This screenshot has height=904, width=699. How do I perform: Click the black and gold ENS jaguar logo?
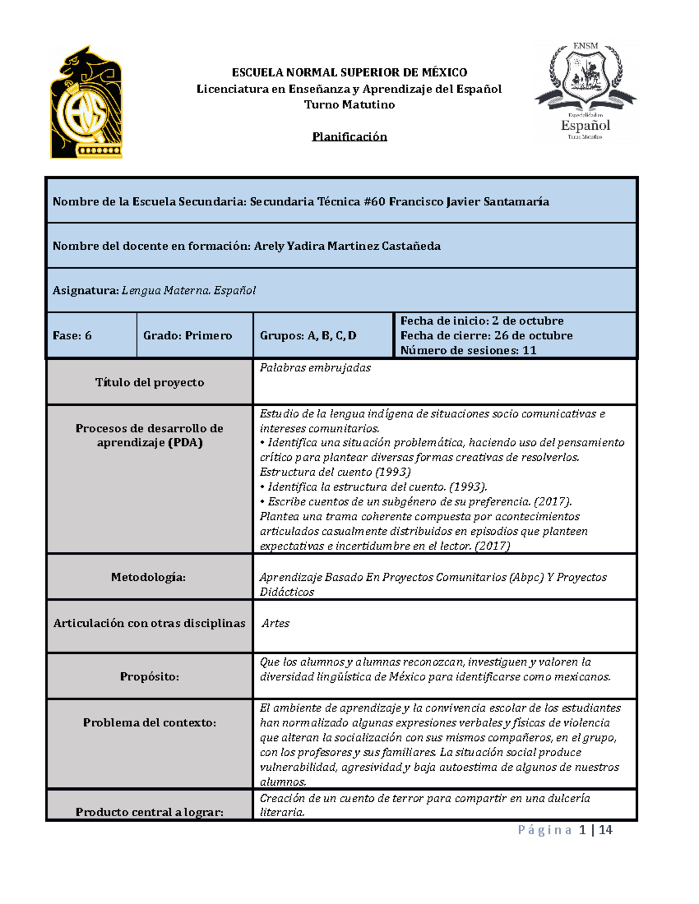click(x=86, y=103)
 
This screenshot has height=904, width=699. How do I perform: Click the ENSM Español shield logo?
click(x=585, y=91)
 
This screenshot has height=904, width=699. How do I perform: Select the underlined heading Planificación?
click(x=349, y=137)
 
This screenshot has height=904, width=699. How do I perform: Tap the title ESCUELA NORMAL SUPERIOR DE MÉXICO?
click(x=349, y=73)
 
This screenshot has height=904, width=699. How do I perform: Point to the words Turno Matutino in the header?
click(x=349, y=105)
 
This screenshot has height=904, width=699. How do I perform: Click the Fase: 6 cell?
click(x=72, y=336)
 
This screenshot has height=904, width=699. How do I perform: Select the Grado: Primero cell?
click(x=188, y=336)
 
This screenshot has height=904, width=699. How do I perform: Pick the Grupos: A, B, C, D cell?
click(x=308, y=336)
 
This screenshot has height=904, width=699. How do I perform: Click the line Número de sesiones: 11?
click(x=468, y=350)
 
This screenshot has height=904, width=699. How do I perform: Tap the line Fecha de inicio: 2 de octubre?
click(x=482, y=321)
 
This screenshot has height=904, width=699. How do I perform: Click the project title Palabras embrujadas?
click(x=315, y=368)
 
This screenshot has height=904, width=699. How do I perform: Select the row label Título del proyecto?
click(x=150, y=382)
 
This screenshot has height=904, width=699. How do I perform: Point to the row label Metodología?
click(x=149, y=577)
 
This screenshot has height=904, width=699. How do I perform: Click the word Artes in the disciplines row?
click(x=276, y=623)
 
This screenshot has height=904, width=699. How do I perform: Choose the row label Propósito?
click(x=150, y=676)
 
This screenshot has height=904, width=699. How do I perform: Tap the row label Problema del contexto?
click(x=150, y=723)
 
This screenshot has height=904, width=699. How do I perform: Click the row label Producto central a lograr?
click(x=150, y=812)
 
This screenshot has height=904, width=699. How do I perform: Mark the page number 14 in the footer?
click(x=605, y=830)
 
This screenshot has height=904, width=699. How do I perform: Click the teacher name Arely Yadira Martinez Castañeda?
click(x=347, y=246)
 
